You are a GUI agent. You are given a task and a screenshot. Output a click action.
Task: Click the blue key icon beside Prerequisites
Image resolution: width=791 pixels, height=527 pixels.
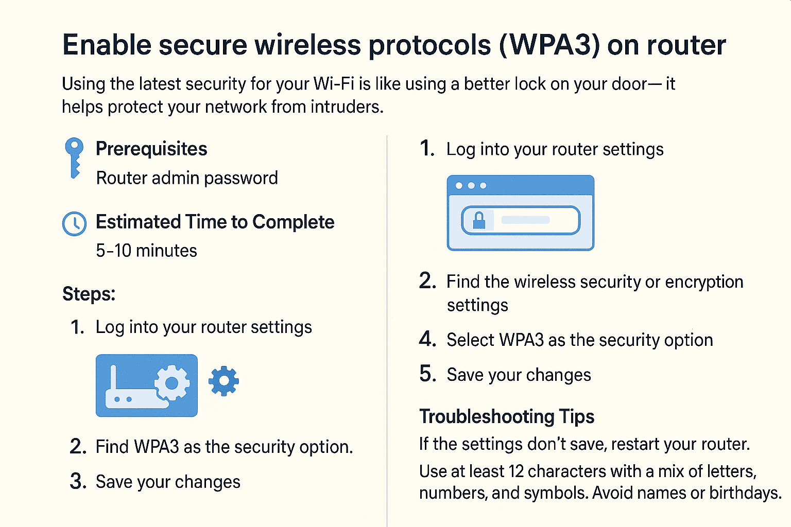coord(74,157)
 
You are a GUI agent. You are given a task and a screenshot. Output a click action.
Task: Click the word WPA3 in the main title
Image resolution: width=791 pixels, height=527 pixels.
coord(549,45)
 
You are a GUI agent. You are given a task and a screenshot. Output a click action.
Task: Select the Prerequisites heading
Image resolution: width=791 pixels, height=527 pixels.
coord(151,149)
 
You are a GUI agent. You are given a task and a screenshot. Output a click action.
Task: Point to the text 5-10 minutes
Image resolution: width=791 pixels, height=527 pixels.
coord(147,251)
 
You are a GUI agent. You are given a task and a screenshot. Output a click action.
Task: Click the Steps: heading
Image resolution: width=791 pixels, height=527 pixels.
coord(89,294)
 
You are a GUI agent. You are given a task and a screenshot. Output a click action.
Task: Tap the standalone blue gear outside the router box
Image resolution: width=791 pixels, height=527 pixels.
coord(223,381)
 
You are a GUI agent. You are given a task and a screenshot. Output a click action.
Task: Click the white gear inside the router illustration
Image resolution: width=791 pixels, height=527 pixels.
coord(172,383)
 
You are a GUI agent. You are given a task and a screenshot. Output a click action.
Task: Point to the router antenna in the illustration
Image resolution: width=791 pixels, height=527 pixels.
coord(113,378)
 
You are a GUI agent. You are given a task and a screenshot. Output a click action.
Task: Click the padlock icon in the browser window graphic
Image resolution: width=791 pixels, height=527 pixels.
coord(479,220)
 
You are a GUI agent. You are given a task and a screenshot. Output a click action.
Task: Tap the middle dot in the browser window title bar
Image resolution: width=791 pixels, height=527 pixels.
coord(471,186)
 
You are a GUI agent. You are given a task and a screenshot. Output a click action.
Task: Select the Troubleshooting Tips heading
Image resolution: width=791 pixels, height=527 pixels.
coord(507,416)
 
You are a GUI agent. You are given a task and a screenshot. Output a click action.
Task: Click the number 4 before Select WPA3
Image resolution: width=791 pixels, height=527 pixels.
coord(427,339)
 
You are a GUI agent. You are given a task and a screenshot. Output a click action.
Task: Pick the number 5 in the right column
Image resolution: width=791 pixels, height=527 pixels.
coord(427,374)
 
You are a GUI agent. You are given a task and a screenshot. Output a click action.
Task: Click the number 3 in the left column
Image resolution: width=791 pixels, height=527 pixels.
coord(78,481)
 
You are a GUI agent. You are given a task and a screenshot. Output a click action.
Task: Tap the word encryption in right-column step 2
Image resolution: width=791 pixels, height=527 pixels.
coord(704,283)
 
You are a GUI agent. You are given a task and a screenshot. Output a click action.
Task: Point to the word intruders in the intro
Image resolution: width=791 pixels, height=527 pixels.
coord(347,107)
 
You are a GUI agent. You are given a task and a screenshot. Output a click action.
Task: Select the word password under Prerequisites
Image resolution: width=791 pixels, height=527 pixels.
coord(241,179)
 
